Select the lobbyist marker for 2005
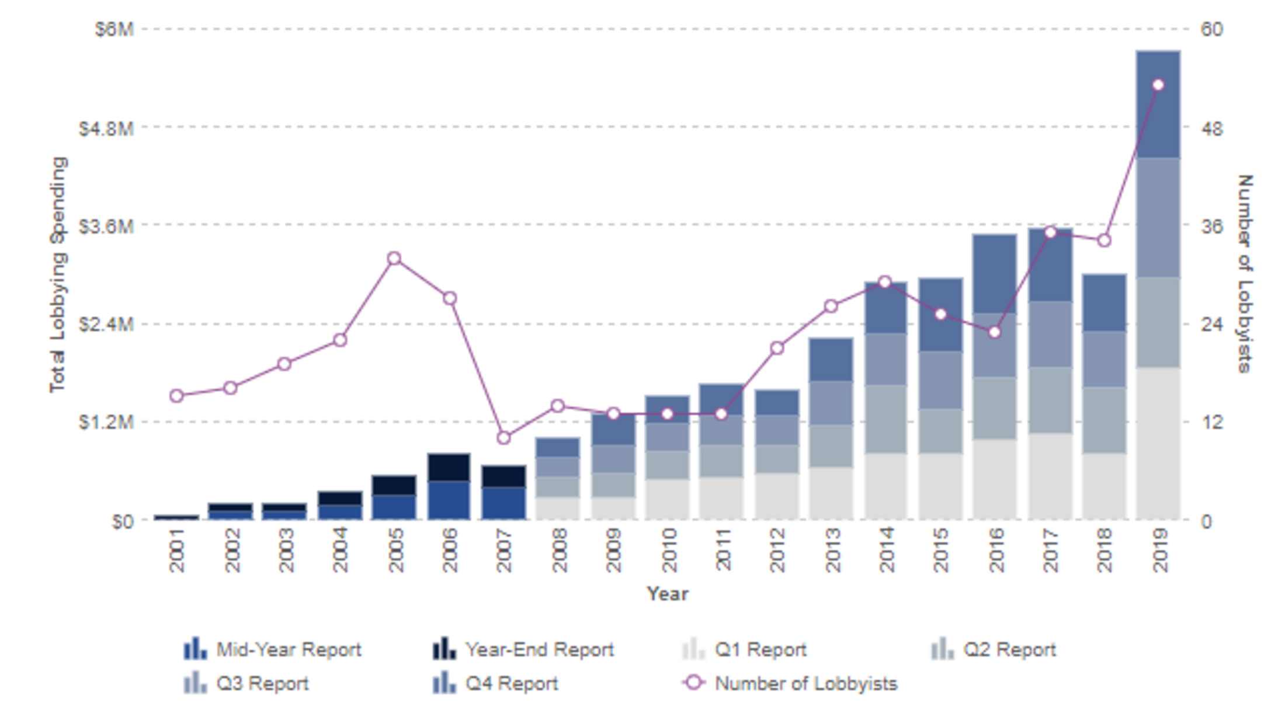pyautogui.click(x=394, y=258)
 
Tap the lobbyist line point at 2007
pyautogui.click(x=503, y=438)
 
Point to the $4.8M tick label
pyautogui.click(x=106, y=128)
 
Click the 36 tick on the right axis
pyautogui.click(x=1211, y=226)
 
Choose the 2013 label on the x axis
pyautogui.click(x=832, y=550)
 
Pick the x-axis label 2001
pyautogui.click(x=176, y=550)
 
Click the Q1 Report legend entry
pyautogui.click(x=760, y=650)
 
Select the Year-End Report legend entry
pyautogui.click(x=539, y=650)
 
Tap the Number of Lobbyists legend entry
pyautogui.click(x=805, y=684)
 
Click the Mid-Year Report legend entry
pyautogui.click(x=289, y=650)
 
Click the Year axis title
pyautogui.click(x=667, y=594)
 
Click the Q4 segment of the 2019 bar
pyautogui.click(x=1158, y=104)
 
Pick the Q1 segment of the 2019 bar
pyautogui.click(x=1158, y=444)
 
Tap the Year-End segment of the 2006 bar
pyautogui.click(x=449, y=467)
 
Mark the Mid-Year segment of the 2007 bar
pyautogui.click(x=503, y=503)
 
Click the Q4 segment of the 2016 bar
pyautogui.click(x=995, y=273)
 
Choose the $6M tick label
pyautogui.click(x=114, y=29)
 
